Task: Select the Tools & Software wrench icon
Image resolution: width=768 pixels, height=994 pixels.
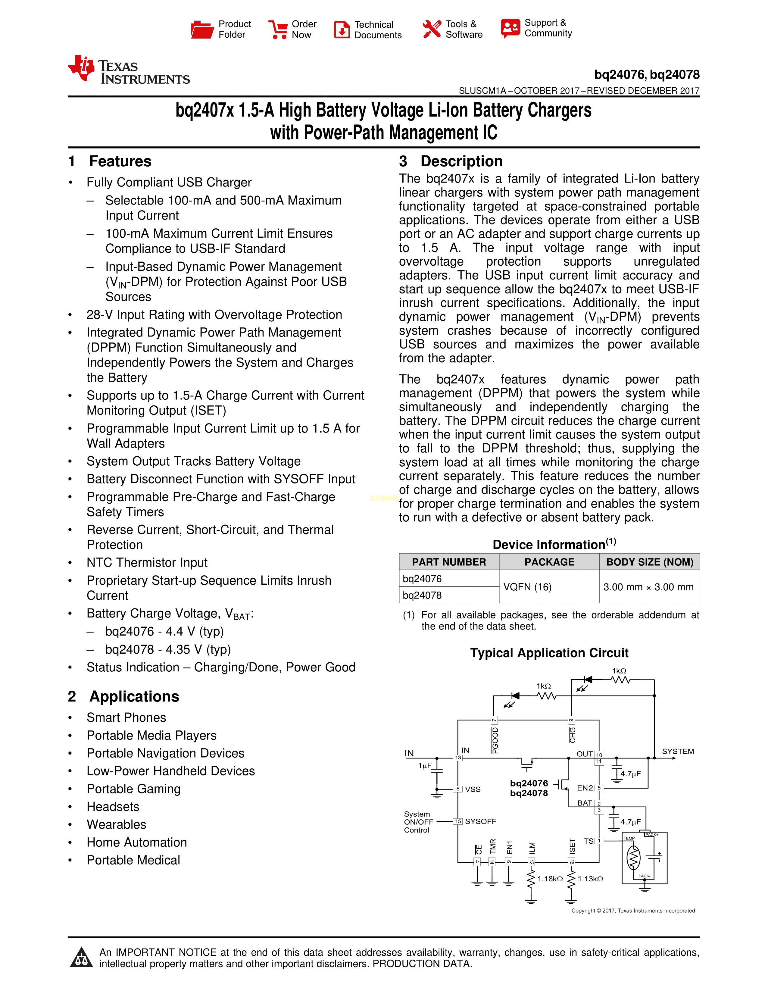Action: point(431,29)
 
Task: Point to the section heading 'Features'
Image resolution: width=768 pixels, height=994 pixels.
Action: point(120,161)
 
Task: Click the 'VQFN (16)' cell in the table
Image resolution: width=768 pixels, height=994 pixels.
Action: point(527,587)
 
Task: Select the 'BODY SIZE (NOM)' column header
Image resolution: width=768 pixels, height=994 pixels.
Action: point(649,562)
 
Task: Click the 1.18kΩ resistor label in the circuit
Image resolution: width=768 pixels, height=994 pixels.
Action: point(550,879)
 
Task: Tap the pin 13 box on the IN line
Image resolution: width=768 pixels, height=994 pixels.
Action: point(458,758)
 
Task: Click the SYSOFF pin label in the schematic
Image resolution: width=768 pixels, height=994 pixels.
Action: point(480,821)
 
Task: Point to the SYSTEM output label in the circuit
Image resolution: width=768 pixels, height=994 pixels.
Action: point(677,752)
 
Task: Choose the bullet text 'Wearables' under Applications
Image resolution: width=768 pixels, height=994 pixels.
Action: point(117,824)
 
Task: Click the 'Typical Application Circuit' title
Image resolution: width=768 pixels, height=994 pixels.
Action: point(549,653)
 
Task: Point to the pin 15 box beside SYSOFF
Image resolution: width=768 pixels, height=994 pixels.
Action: point(458,821)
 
